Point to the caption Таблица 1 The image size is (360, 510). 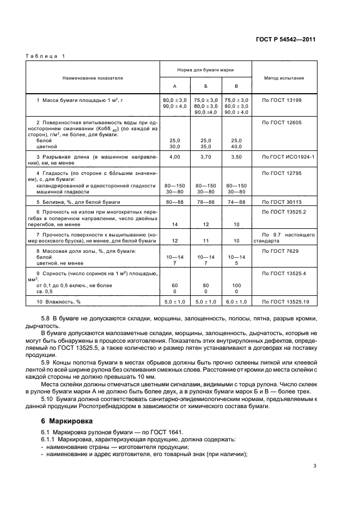(45, 56)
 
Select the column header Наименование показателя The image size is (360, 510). (92, 78)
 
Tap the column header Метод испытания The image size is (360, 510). (284, 78)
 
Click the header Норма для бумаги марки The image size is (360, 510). (205, 70)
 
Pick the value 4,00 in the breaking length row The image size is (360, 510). (175, 156)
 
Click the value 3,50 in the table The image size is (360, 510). (236, 156)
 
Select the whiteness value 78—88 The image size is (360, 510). (205, 201)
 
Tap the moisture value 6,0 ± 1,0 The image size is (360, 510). (236, 301)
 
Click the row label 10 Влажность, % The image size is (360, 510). (58, 301)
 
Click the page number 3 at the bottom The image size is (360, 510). (314, 465)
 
